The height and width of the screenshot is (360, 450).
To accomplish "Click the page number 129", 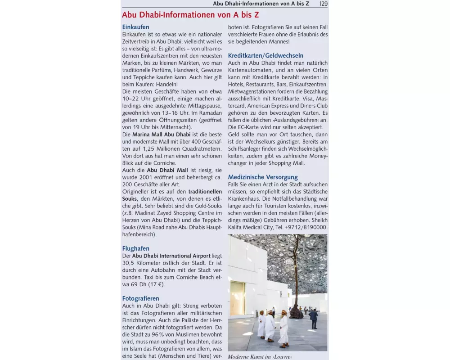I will pos(323,4).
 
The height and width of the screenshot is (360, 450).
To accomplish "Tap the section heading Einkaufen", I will pos(135,27).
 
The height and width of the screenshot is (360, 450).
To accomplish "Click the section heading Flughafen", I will pos(136,248).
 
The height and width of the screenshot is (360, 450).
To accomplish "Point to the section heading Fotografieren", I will pos(140,298).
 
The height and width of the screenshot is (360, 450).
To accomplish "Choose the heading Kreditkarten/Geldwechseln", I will pos(265,56).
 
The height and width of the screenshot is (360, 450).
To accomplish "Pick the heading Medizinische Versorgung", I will pos(263,177).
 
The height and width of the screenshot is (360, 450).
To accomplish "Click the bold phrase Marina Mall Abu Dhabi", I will pos(161,135).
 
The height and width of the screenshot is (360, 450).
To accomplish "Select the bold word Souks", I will pos(130,198).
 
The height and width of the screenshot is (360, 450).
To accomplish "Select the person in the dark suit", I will pos(314,319).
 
